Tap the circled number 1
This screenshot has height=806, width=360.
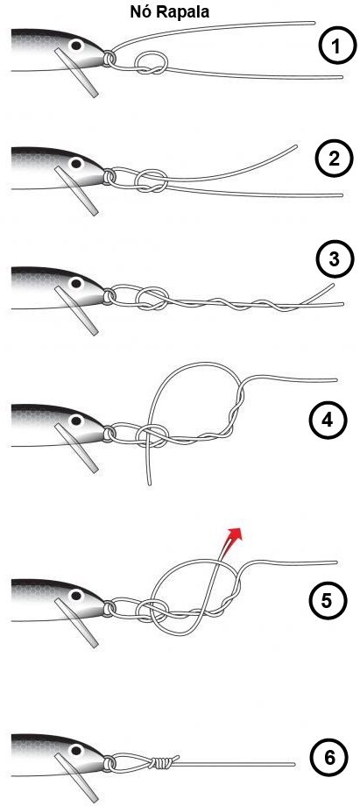click(x=335, y=47)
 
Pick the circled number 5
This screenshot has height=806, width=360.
click(x=326, y=600)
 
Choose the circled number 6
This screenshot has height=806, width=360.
click(x=327, y=757)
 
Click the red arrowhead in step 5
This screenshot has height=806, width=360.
click(x=235, y=534)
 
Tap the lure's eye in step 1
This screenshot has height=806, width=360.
click(x=76, y=46)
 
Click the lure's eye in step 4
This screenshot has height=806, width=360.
click(x=76, y=421)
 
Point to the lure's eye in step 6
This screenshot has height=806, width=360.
click(x=76, y=751)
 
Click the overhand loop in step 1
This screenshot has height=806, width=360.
click(x=151, y=63)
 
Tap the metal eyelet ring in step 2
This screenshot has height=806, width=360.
click(x=109, y=177)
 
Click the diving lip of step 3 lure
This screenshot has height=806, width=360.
click(x=76, y=310)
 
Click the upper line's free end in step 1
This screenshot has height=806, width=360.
click(x=314, y=23)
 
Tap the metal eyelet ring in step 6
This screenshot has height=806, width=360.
click(x=109, y=763)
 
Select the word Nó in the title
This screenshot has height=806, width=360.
click(x=140, y=11)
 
